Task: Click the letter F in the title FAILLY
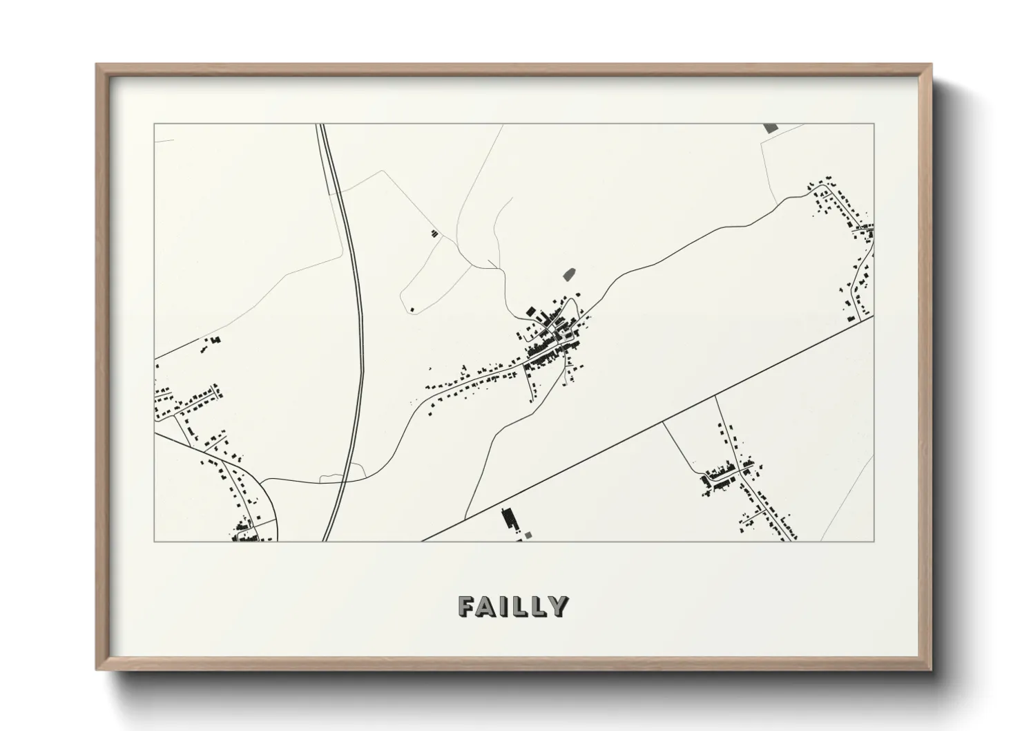click(x=466, y=607)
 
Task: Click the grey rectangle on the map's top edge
click(x=771, y=128)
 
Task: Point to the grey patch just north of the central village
click(x=570, y=274)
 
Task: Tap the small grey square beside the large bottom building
click(x=529, y=534)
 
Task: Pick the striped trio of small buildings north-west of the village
click(x=434, y=233)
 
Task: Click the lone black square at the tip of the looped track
click(x=412, y=308)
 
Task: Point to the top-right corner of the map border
click(x=874, y=124)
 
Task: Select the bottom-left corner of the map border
click(x=154, y=542)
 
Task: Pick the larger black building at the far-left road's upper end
click(x=214, y=340)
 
